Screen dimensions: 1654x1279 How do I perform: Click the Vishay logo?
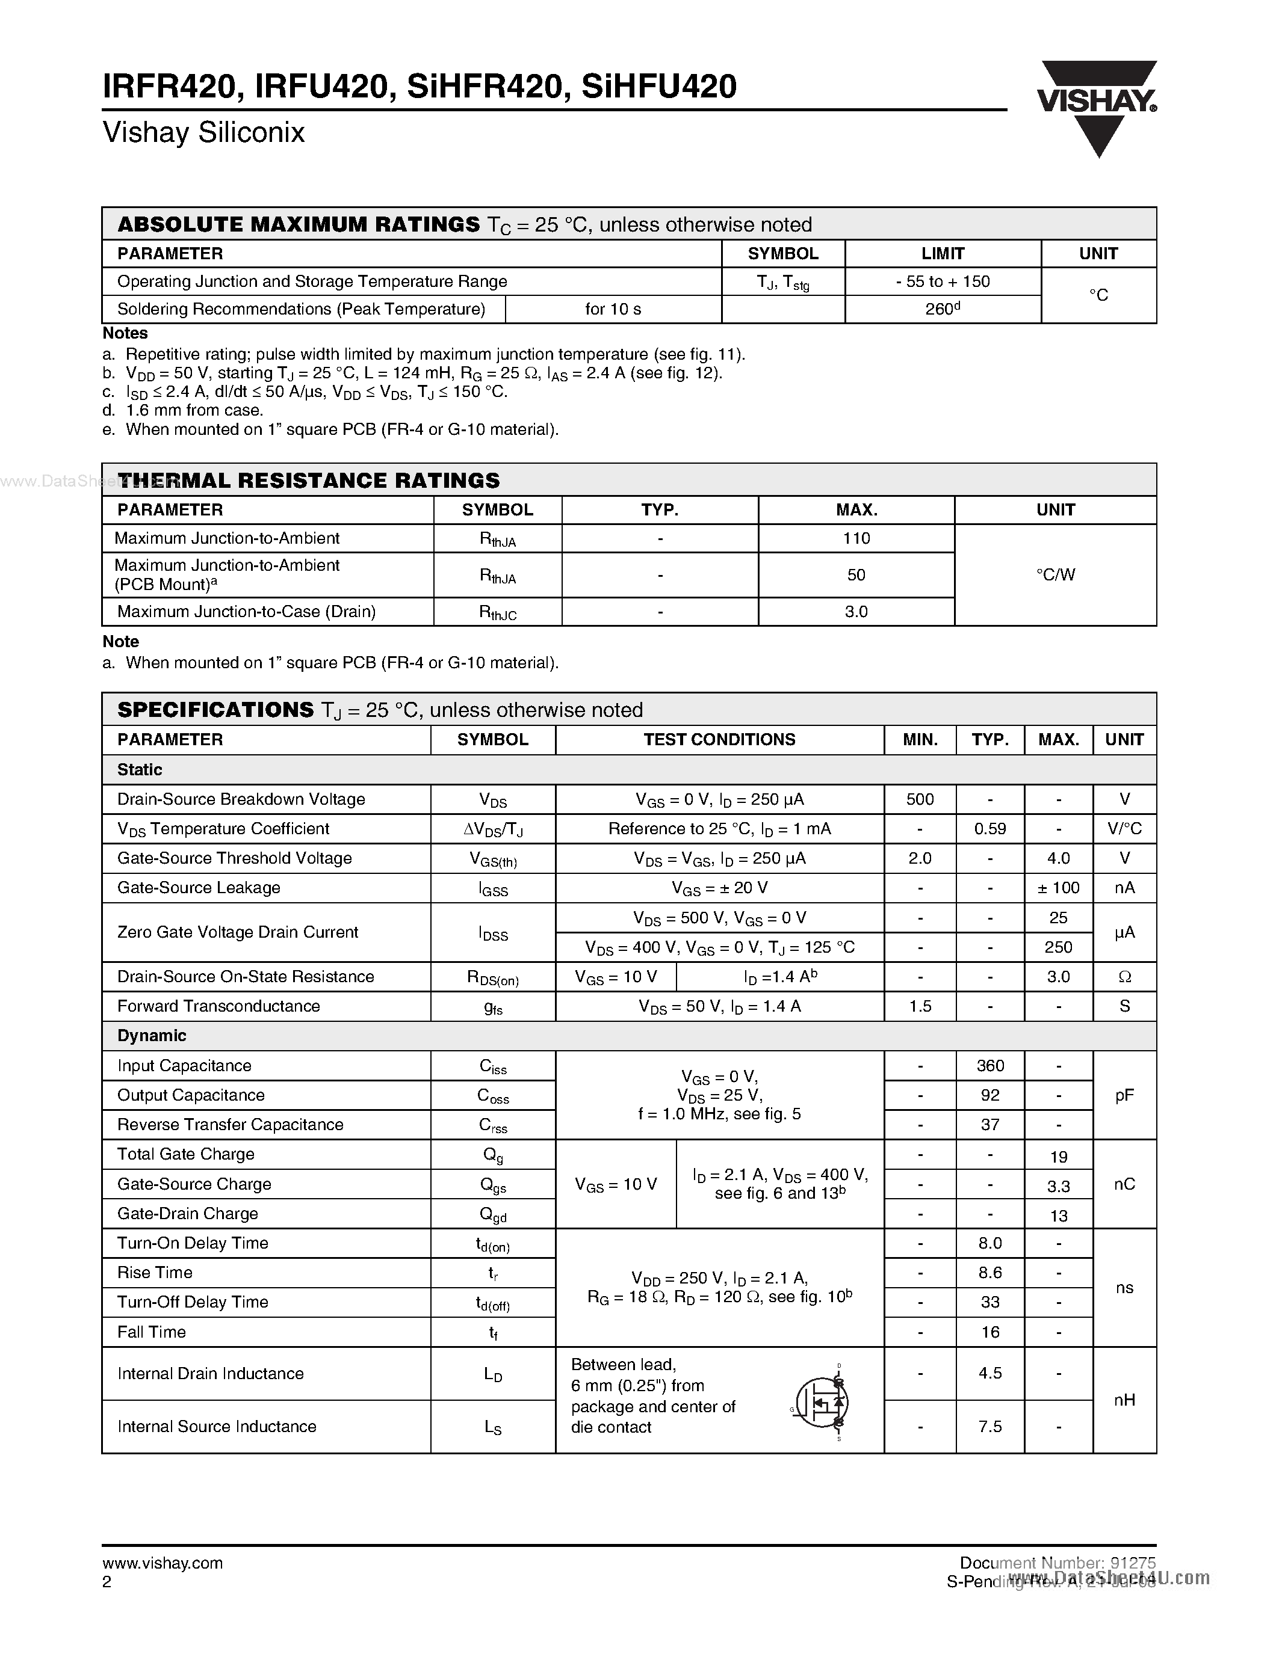click(1097, 106)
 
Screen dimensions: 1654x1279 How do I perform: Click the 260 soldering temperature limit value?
click(942, 309)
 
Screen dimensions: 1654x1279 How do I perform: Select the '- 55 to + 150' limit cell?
click(942, 281)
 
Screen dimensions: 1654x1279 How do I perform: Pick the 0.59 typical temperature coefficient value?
click(989, 829)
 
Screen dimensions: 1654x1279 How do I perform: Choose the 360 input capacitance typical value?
click(989, 1066)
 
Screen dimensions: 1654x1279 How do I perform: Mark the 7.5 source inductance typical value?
click(989, 1427)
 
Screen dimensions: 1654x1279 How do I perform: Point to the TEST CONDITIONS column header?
click(719, 740)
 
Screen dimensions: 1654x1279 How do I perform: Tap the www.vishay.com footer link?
click(162, 1563)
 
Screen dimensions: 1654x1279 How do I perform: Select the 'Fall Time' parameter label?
click(152, 1332)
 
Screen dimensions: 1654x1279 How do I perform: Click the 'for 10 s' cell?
click(612, 309)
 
